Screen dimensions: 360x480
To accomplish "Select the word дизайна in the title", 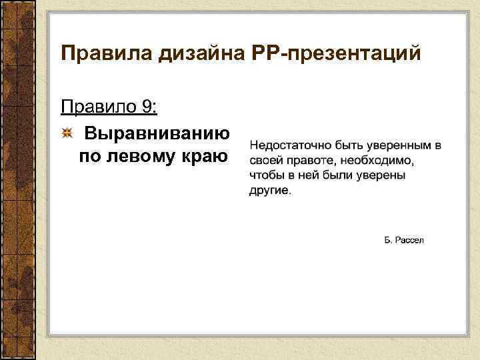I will click(189, 53).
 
